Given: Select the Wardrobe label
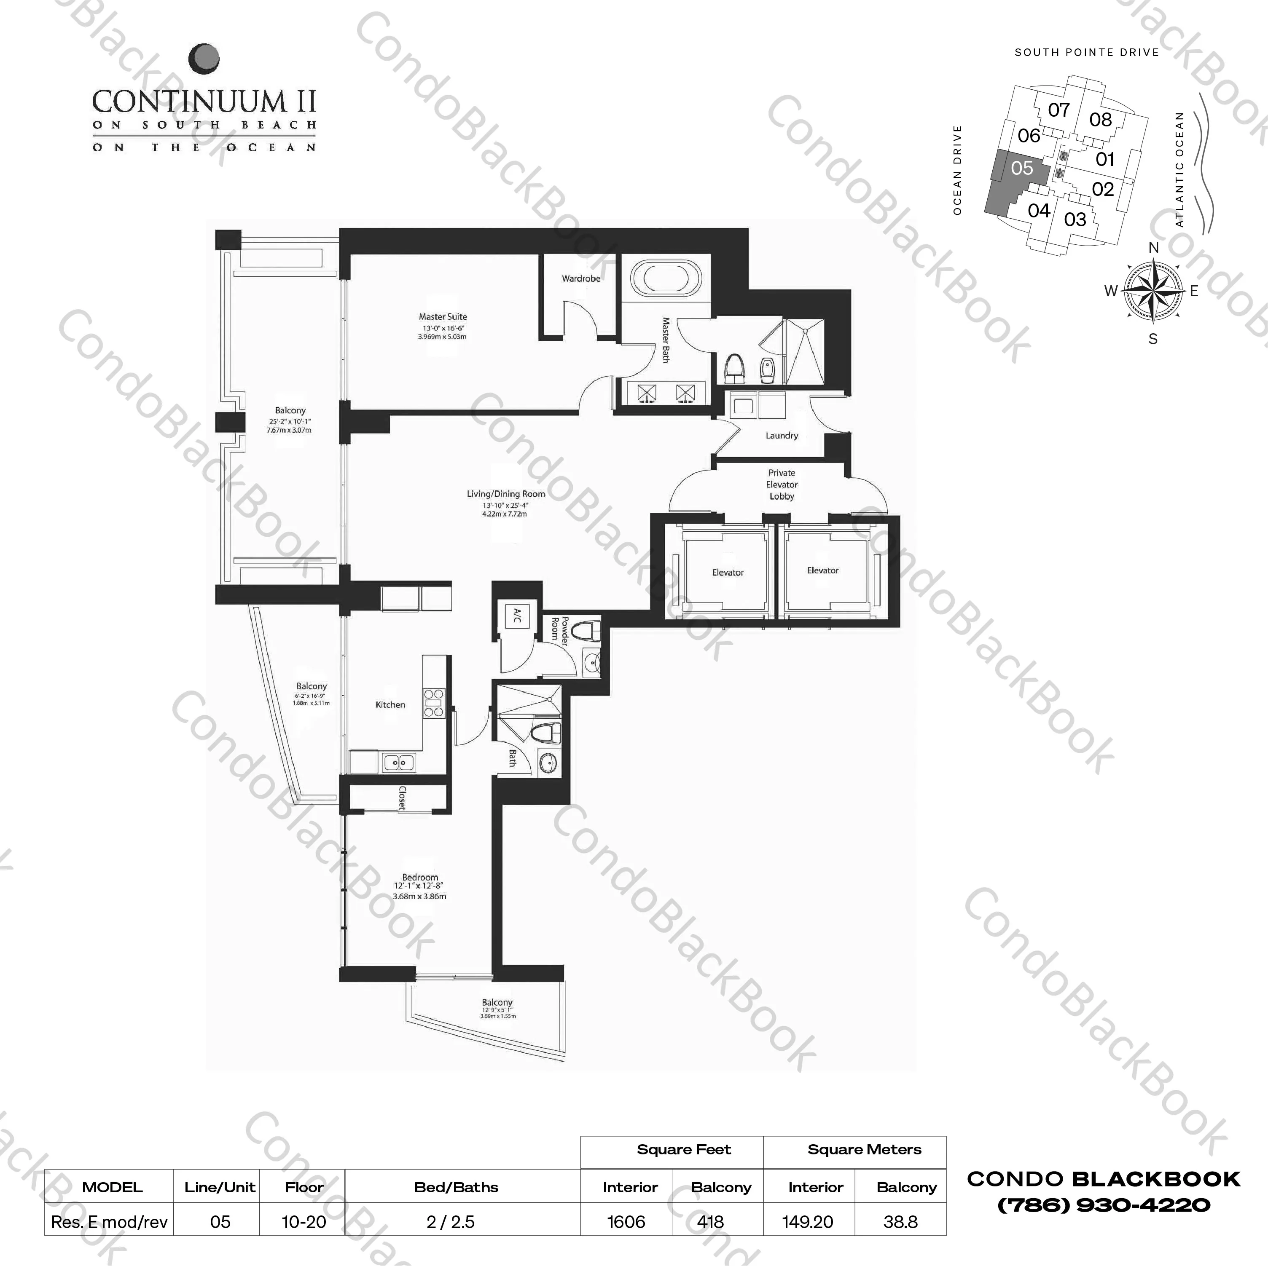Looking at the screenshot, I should click(x=581, y=279).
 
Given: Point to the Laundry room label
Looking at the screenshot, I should click(x=782, y=436).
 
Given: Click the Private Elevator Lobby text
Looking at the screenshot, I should click(x=782, y=485).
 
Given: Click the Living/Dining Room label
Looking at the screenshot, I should click(x=505, y=494).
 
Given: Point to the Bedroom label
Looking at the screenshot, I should click(x=420, y=878).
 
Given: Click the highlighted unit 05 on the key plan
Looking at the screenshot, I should click(x=1022, y=169).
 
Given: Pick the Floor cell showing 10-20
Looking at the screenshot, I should click(x=304, y=1222).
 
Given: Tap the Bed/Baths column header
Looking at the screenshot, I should click(x=456, y=1187).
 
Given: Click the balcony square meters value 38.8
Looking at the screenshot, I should click(x=900, y=1222).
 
